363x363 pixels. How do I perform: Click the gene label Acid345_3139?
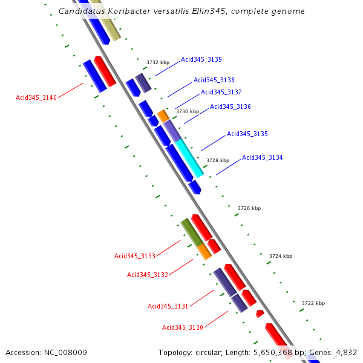pyautogui.click(x=201, y=59)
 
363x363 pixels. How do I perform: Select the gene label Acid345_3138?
pyautogui.click(x=214, y=80)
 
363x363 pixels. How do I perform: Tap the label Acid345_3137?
pyautogui.click(x=221, y=92)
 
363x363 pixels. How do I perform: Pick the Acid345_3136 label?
pyautogui.click(x=231, y=106)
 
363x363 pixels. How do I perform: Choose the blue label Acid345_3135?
pyautogui.click(x=247, y=134)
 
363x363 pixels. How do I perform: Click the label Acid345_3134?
pyautogui.click(x=263, y=157)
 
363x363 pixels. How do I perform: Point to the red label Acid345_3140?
pyautogui.click(x=36, y=97)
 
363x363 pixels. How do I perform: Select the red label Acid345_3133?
pyautogui.click(x=135, y=256)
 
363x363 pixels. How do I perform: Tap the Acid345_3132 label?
pyautogui.click(x=148, y=275)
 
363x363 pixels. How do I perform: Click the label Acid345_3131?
pyautogui.click(x=168, y=306)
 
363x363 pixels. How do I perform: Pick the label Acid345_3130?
pyautogui.click(x=183, y=327)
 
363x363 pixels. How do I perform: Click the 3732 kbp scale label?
pyautogui.click(x=158, y=62)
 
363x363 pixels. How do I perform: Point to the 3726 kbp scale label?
pyautogui.click(x=249, y=208)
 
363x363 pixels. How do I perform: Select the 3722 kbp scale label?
pyautogui.click(x=313, y=303)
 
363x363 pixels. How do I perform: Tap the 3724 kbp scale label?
pyautogui.click(x=281, y=256)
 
